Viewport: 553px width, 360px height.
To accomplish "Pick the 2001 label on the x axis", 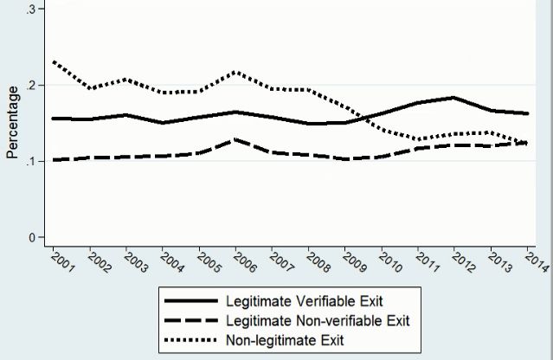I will pyautogui.click(x=63, y=262).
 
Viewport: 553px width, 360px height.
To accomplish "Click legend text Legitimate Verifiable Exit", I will pyautogui.click(x=304, y=303).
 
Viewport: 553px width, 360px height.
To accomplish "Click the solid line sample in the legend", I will pyautogui.click(x=185, y=303).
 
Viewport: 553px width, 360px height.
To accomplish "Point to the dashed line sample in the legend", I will pyautogui.click(x=185, y=321).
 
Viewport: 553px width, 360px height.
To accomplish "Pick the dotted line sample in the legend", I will pyautogui.click(x=185, y=339).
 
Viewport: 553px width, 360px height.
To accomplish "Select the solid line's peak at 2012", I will pyautogui.click(x=453, y=98).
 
